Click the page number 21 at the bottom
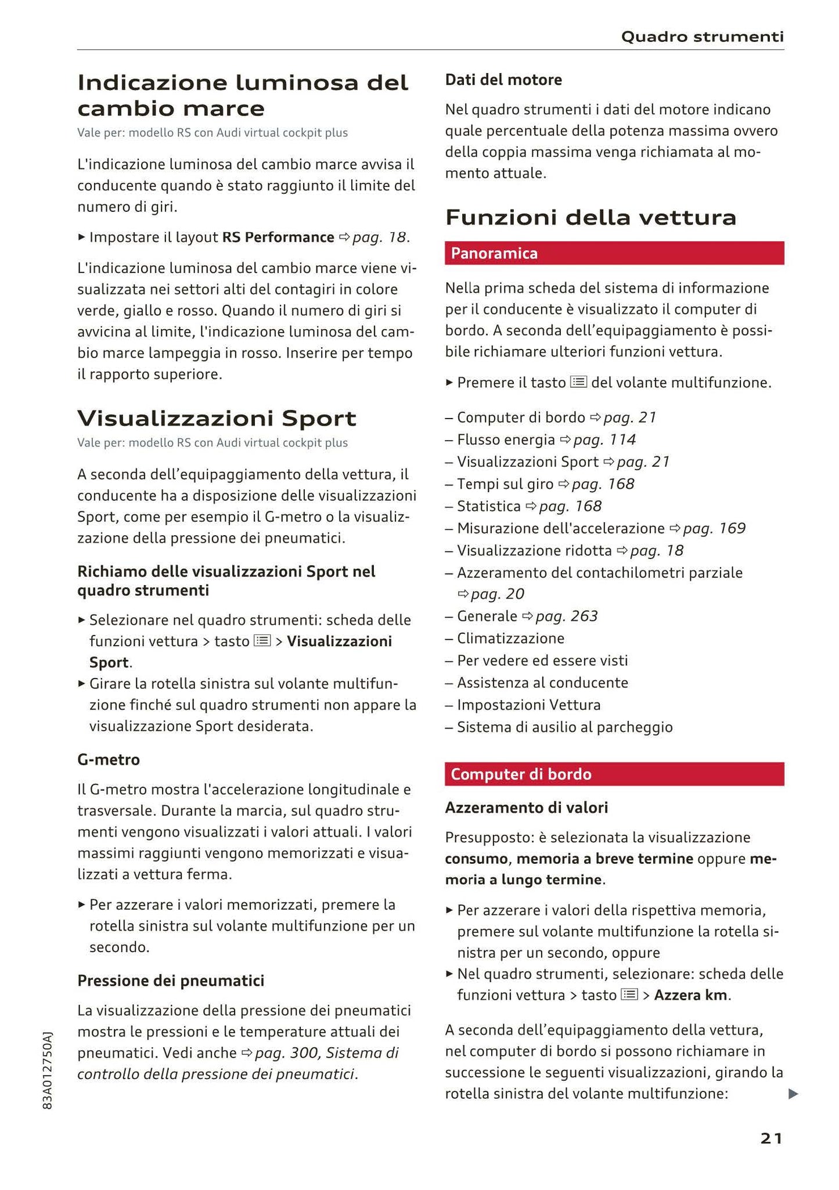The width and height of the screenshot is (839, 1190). click(771, 1138)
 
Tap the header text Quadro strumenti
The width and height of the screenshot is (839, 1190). click(702, 37)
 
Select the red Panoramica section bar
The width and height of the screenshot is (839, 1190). click(614, 253)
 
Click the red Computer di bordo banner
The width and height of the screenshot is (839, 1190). click(614, 774)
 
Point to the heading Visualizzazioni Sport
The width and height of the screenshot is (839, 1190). click(217, 418)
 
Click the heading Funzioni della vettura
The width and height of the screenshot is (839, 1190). click(590, 218)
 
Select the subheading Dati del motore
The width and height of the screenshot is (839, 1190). click(503, 80)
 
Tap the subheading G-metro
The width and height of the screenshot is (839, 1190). click(109, 759)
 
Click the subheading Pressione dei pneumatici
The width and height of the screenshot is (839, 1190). click(171, 980)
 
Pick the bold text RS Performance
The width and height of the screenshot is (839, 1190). click(278, 237)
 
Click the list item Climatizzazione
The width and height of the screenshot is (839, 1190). click(510, 639)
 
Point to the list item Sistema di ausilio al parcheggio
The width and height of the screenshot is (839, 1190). click(564, 727)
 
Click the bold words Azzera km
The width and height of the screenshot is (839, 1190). click(690, 995)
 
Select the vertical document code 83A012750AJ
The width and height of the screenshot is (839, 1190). click(48, 1071)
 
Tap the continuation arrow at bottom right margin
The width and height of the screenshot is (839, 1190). click(793, 1094)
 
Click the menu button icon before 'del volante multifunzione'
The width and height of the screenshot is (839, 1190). click(578, 382)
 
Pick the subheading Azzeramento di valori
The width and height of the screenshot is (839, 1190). click(526, 807)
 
